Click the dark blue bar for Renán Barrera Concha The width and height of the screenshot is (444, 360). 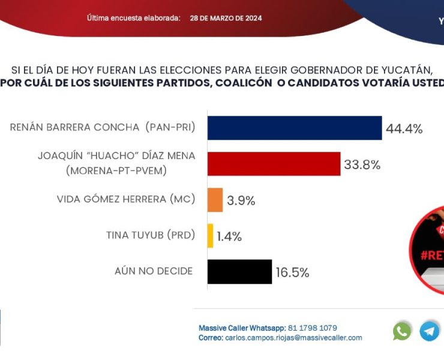point(295,128)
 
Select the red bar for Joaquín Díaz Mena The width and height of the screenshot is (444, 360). point(274,164)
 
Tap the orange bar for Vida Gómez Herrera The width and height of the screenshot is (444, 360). point(215,200)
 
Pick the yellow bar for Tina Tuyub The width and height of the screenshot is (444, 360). point(210,236)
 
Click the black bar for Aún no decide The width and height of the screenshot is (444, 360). point(239,272)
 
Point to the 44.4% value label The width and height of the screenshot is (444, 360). point(404,129)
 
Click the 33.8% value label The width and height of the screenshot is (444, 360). point(362,165)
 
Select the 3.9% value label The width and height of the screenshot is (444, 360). point(241,201)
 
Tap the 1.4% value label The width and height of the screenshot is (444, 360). point(229,237)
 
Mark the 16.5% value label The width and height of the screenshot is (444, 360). point(292,273)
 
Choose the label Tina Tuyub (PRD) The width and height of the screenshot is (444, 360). point(151,235)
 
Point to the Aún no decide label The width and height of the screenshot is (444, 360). point(154,271)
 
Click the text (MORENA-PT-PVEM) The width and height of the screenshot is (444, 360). point(116,171)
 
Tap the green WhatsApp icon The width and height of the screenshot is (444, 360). point(402,331)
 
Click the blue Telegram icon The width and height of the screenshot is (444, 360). point(429,331)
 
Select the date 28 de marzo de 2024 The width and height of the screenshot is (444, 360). point(226,18)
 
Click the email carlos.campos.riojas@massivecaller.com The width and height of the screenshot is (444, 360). point(293,338)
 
